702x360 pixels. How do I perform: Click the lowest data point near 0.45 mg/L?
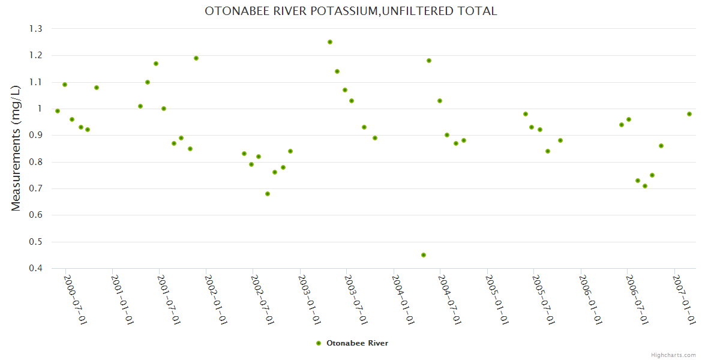(x=424, y=255)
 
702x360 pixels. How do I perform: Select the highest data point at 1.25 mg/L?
(x=330, y=42)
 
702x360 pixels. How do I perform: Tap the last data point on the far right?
(x=689, y=114)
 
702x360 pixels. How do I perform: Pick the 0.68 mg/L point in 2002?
(x=268, y=194)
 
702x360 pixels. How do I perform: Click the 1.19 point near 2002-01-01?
(x=196, y=58)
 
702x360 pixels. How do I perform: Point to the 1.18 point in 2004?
(x=429, y=61)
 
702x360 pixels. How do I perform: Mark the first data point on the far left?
(x=58, y=111)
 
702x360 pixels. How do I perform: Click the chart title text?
(x=351, y=11)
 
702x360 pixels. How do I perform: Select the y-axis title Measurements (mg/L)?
(x=16, y=148)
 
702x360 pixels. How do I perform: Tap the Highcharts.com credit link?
(x=674, y=355)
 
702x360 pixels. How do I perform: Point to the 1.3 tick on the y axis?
(x=35, y=29)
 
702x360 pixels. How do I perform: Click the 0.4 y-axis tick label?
(x=35, y=268)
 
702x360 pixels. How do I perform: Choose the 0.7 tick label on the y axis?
(x=35, y=188)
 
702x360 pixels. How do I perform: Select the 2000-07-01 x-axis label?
(x=75, y=299)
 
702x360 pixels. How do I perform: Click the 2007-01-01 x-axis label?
(x=684, y=299)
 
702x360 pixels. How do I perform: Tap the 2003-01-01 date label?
(x=310, y=299)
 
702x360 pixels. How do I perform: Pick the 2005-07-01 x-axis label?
(x=544, y=299)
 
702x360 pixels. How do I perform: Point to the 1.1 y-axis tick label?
(x=35, y=82)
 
